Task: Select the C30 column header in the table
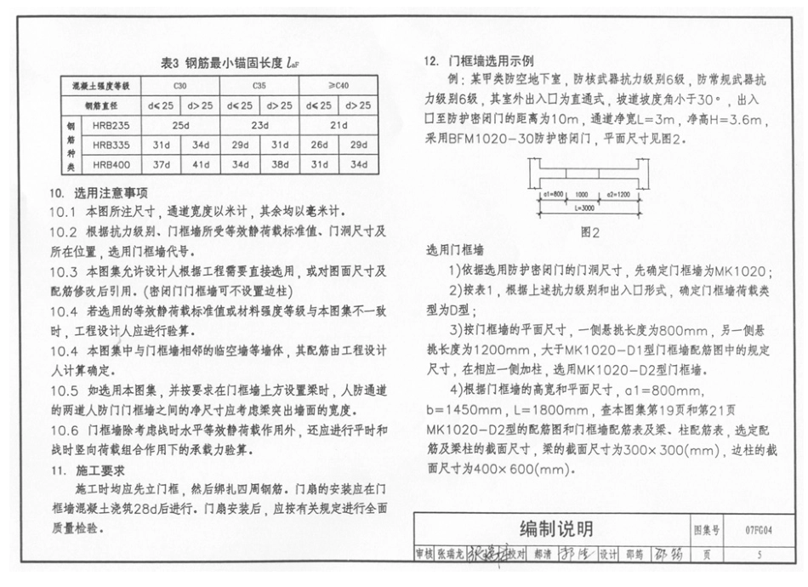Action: (180, 86)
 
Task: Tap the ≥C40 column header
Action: (339, 86)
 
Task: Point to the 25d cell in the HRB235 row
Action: (180, 125)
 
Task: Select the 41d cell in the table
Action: (201, 164)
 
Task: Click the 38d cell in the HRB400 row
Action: (280, 164)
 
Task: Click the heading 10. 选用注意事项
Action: (99, 193)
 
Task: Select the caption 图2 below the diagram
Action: (590, 231)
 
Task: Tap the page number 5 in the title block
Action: (758, 555)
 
